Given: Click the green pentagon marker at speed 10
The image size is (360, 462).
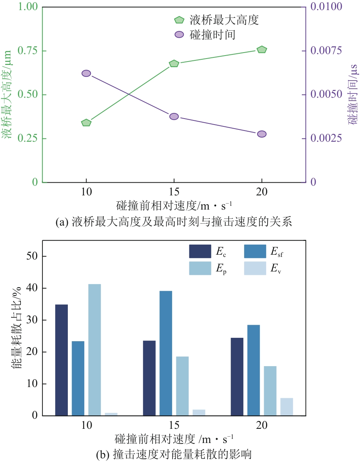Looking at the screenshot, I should click(x=86, y=123).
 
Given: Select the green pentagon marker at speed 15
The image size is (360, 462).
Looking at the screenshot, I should click(x=174, y=63).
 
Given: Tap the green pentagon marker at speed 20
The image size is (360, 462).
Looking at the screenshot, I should click(x=262, y=50).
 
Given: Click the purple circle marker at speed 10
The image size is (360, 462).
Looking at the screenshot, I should click(x=86, y=73).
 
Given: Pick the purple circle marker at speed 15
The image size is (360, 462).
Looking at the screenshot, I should click(x=174, y=116).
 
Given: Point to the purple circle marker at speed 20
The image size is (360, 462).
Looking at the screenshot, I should click(x=262, y=134).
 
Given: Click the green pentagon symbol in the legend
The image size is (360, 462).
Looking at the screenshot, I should click(x=179, y=20).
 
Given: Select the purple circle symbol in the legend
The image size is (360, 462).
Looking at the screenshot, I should click(x=179, y=35).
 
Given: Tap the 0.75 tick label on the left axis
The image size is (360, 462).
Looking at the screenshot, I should click(x=28, y=50).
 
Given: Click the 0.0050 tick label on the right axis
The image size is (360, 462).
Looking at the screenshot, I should click(x=326, y=94).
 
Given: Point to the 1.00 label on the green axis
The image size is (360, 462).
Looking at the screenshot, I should click(x=28, y=6).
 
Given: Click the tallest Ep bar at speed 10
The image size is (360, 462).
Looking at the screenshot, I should click(x=95, y=349).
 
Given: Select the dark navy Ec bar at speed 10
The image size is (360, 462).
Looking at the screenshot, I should click(x=61, y=360).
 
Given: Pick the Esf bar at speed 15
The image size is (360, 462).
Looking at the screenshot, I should click(x=166, y=353).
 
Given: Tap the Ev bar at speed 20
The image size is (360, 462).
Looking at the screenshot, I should click(x=287, y=406).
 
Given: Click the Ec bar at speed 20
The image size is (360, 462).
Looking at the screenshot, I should click(x=237, y=376).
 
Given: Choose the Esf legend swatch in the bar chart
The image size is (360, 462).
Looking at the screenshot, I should click(x=255, y=251).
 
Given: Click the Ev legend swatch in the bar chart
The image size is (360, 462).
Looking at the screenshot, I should click(x=255, y=268).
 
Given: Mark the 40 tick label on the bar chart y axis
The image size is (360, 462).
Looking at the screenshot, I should click(x=32, y=288).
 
